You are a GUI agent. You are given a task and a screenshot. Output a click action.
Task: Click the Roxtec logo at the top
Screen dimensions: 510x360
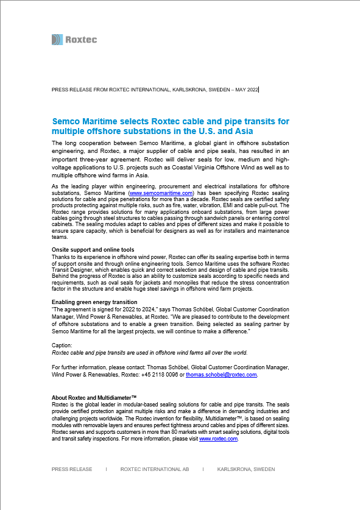pyautogui.click(x=74, y=40)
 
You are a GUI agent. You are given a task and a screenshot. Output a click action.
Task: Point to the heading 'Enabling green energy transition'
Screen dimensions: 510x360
pyautogui.click(x=94, y=302)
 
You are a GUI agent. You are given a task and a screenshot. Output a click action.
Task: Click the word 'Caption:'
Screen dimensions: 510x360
pyautogui.click(x=62, y=345)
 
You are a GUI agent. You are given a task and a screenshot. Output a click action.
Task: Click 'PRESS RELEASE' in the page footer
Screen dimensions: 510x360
pyautogui.click(x=72, y=469)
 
